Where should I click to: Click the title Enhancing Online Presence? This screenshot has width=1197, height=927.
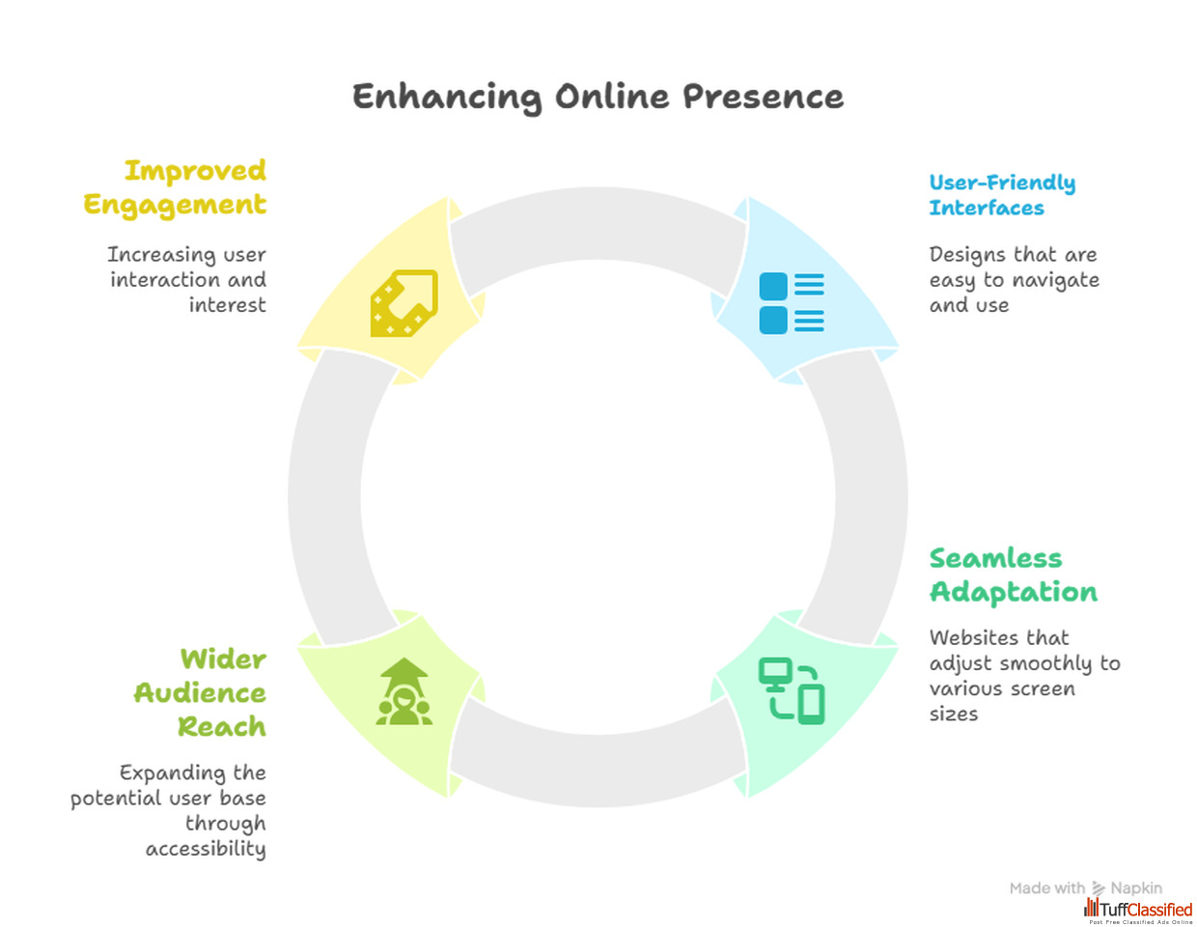(x=598, y=98)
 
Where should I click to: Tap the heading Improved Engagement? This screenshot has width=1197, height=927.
(x=175, y=187)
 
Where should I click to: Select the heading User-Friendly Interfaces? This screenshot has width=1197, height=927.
(x=1002, y=195)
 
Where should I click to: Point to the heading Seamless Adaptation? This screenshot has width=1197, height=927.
(x=1013, y=576)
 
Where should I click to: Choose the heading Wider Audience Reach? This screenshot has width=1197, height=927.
(x=200, y=692)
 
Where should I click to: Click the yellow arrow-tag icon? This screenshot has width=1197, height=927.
(x=404, y=303)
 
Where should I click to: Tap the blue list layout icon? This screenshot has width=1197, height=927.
(x=792, y=303)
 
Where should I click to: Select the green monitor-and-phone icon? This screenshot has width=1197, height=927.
(x=792, y=690)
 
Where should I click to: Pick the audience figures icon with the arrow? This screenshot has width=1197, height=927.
(x=404, y=690)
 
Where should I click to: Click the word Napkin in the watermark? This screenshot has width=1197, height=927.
(x=1136, y=888)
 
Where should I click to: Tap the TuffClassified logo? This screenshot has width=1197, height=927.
(x=1138, y=911)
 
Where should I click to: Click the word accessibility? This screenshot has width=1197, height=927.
(x=206, y=849)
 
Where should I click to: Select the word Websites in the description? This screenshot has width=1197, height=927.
(x=971, y=638)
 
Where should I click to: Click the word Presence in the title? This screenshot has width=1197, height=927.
(x=764, y=98)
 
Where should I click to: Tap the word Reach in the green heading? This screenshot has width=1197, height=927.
(x=222, y=726)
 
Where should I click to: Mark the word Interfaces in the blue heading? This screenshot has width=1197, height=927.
(x=987, y=209)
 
